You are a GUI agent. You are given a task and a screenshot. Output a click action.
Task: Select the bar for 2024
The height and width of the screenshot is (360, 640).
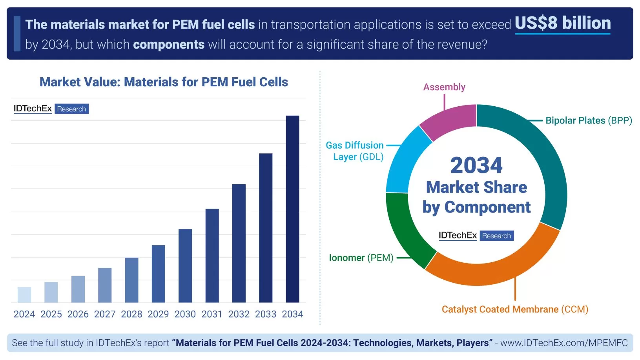[24, 295]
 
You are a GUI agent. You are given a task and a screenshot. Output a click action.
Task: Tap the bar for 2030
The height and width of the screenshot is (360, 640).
[185, 265]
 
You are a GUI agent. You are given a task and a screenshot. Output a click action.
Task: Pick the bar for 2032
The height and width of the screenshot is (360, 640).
[239, 243]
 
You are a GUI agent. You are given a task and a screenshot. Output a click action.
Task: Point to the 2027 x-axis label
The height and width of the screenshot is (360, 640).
[105, 314]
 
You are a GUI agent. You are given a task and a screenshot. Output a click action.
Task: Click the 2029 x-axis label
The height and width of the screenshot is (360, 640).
[158, 314]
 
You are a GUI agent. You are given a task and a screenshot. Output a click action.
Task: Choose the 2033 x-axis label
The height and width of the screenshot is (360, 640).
[266, 314]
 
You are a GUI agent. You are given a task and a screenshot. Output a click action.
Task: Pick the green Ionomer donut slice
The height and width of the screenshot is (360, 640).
[404, 231]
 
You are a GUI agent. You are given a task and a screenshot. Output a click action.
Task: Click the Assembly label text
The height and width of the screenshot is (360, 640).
[444, 87]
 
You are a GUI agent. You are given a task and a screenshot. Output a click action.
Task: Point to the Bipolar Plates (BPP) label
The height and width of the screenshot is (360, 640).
[589, 120]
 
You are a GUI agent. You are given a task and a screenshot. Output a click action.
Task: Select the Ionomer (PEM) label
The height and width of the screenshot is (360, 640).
[361, 258]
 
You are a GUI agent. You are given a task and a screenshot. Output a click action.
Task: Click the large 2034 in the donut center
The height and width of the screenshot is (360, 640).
[476, 165]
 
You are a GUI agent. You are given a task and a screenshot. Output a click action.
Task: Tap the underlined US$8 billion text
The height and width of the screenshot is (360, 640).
[562, 23]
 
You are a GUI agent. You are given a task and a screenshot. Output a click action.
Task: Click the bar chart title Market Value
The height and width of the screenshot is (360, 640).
[164, 82]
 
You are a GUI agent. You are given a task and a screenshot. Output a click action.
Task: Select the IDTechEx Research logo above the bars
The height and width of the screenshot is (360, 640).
[51, 109]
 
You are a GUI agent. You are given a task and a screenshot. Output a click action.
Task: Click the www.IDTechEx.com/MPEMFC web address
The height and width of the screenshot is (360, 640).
[564, 343]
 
